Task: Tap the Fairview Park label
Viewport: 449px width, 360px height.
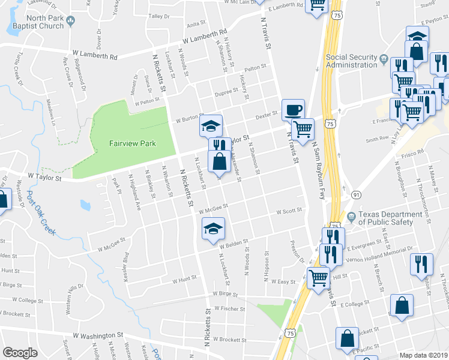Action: point(132,143)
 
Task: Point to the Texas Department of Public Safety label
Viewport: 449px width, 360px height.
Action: point(387,218)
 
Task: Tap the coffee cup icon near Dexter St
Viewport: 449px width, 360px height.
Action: point(292,110)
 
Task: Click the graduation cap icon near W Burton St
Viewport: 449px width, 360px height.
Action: point(211,125)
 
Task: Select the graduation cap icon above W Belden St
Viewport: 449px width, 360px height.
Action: point(212,229)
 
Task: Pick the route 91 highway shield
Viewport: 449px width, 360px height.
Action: point(356,195)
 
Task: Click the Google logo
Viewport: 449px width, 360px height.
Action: point(20,352)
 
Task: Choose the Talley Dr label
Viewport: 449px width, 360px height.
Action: point(158,16)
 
